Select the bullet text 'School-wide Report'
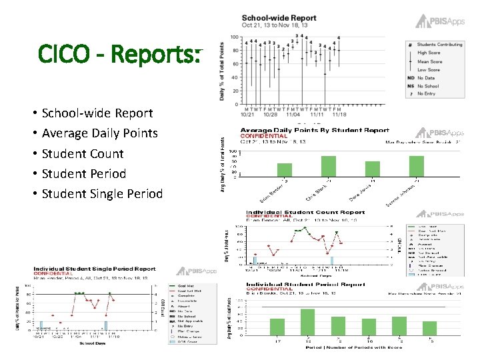[97, 113]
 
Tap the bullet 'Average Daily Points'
[99, 133]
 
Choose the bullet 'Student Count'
[82, 153]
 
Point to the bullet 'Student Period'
[83, 173]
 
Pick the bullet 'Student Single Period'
[101, 193]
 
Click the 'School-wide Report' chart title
[279, 18]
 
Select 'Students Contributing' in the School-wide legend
[440, 44]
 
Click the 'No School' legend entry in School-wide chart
[428, 86]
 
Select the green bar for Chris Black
[329, 166]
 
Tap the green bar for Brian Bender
[285, 169]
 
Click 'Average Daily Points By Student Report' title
[314, 130]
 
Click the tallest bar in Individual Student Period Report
[307, 322]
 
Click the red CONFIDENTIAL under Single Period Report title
[54, 273]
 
